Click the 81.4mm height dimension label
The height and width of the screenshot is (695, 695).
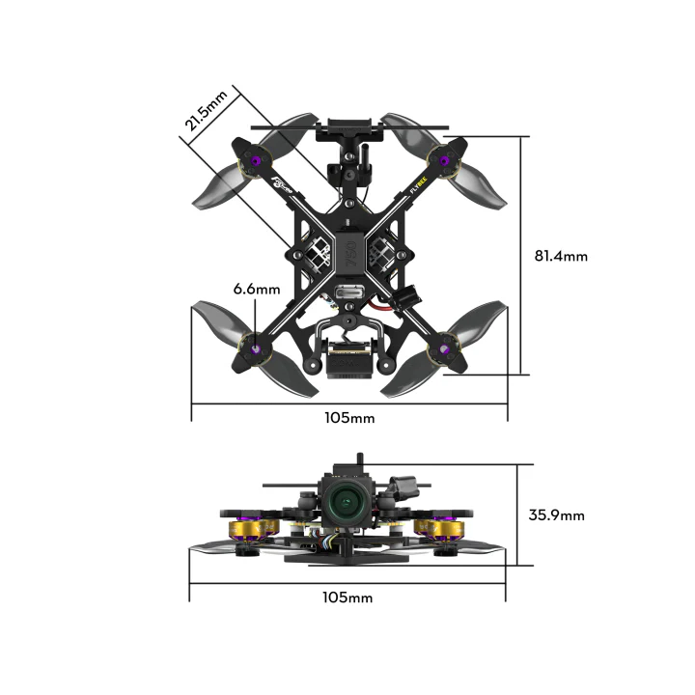(561, 257)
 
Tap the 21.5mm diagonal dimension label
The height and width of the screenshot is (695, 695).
(207, 109)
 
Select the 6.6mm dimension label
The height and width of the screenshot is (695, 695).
(256, 289)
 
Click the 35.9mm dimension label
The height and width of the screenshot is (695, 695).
(556, 514)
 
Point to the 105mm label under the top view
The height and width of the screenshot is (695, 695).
(348, 418)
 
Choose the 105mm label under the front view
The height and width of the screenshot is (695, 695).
(347, 598)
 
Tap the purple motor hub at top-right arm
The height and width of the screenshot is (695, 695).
(445, 161)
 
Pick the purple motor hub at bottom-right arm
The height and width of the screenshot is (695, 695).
(445, 348)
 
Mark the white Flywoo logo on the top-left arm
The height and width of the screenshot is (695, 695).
(284, 183)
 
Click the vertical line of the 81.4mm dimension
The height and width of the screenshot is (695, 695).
(525, 256)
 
